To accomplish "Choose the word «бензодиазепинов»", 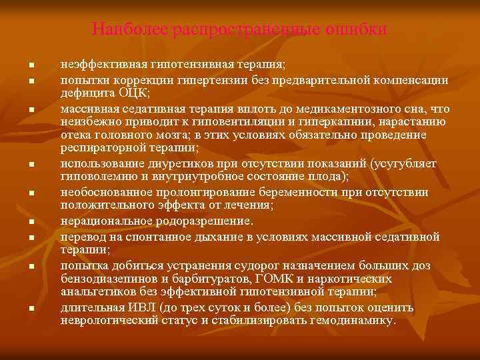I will point(109,279).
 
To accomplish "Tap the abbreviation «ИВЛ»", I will point(153,307).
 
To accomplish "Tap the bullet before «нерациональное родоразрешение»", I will point(31,221).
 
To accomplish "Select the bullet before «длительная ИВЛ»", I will point(31,308).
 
